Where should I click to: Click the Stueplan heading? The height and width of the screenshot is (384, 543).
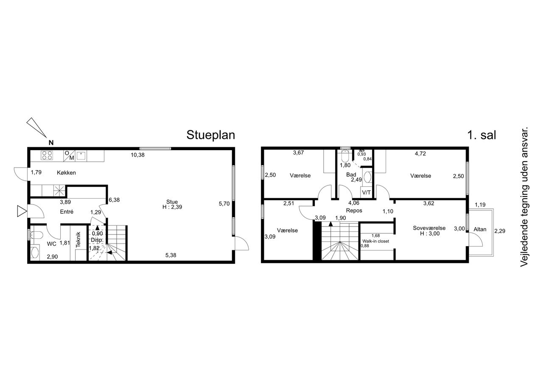[x=211, y=135]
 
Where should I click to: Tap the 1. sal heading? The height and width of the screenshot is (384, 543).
[x=481, y=135]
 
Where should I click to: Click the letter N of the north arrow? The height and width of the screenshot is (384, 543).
[x=51, y=143]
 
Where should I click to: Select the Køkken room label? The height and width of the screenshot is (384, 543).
[x=66, y=173]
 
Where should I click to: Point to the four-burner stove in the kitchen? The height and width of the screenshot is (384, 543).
[x=47, y=155]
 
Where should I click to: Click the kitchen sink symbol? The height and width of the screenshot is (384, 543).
[x=81, y=156]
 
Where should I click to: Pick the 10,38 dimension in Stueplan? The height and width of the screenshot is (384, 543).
[x=137, y=155]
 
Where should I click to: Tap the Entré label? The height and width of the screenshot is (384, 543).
[x=67, y=212]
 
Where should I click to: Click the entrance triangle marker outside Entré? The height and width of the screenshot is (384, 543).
[x=22, y=211]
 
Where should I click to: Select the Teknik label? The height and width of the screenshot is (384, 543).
[x=78, y=240]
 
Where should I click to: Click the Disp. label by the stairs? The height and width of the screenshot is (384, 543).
[x=97, y=240]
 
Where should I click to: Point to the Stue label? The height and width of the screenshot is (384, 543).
[x=172, y=202]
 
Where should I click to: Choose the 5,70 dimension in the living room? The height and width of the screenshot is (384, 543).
[x=224, y=204]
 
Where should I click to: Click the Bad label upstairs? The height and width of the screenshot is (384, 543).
[x=351, y=174]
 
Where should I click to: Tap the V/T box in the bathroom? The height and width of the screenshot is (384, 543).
[x=366, y=193]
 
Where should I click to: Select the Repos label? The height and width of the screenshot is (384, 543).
[x=354, y=210]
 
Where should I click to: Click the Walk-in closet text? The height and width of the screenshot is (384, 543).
[x=375, y=241]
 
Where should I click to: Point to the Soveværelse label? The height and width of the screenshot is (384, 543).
[x=429, y=228]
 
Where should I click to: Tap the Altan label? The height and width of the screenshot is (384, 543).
[x=480, y=229]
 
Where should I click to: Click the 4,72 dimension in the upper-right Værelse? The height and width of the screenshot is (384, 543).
[x=420, y=154]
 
